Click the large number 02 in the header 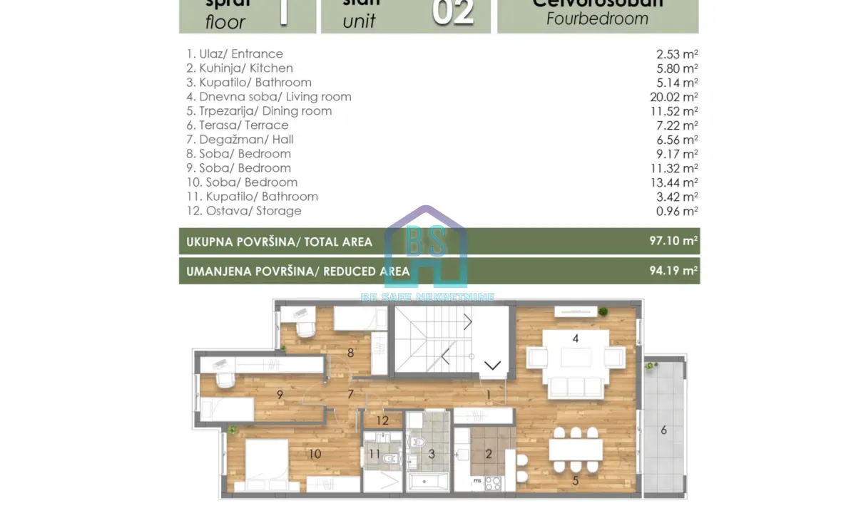point(454,12)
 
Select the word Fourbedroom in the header point(597,19)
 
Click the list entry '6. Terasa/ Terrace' point(238,125)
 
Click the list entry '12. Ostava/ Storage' point(244,211)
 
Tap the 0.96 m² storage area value point(678,211)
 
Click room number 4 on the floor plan point(575,338)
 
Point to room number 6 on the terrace point(663,430)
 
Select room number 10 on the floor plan point(315,454)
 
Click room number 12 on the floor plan point(382,421)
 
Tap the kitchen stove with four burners point(493,483)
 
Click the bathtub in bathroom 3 point(427,484)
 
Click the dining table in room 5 point(576,450)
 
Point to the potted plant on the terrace point(650,366)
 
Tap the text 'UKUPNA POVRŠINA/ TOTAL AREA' point(279,242)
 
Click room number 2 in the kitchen point(489,454)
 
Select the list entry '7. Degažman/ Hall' point(240,140)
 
